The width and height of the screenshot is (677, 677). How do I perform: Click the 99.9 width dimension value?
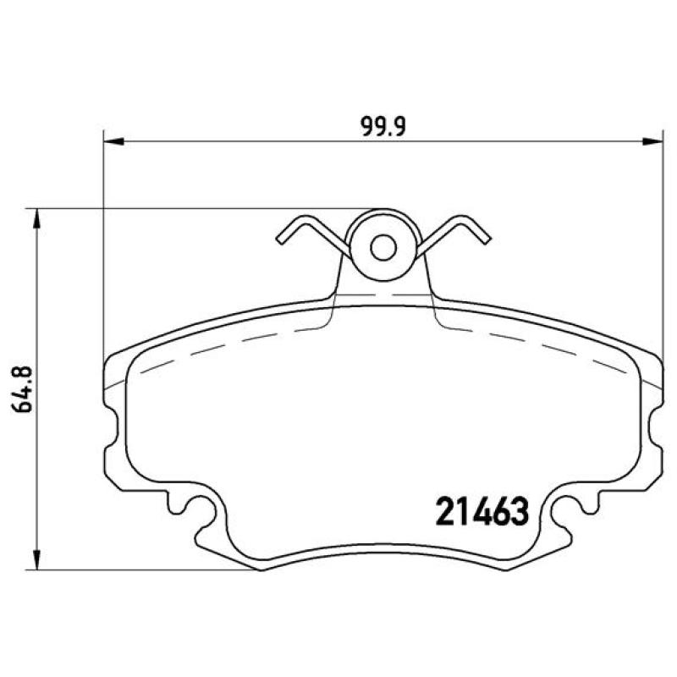click(383, 127)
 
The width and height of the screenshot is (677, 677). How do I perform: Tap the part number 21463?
click(482, 512)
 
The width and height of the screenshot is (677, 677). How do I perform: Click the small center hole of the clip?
click(383, 247)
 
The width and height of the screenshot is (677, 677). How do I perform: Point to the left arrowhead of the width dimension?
click(114, 141)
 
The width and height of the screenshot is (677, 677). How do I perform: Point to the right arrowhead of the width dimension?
click(652, 141)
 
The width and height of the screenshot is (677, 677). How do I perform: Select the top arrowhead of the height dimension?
click(38, 219)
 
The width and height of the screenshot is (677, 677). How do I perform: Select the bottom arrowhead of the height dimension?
click(38, 559)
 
